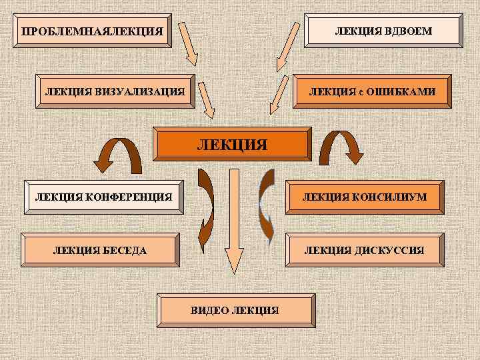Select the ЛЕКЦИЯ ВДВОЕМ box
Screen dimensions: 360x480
pyautogui.click(x=383, y=31)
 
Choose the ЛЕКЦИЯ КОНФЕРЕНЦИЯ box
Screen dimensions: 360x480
pyautogui.click(x=103, y=197)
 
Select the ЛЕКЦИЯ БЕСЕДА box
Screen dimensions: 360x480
pyautogui.click(x=100, y=250)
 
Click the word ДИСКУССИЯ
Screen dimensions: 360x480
pyautogui.click(x=391, y=250)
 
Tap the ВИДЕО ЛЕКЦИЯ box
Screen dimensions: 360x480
pyautogui.click(x=234, y=310)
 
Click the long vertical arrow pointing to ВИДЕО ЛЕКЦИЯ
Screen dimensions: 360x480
pyautogui.click(x=233, y=220)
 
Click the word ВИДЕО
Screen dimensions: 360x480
pyautogui.click(x=207, y=310)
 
